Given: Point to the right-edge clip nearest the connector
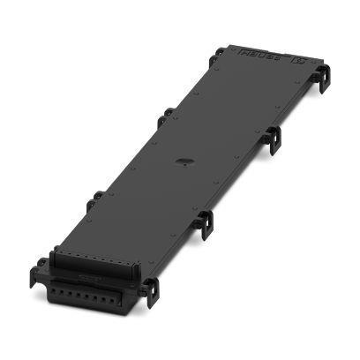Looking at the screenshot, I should coord(151,290).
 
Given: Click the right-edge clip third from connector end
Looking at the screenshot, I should coord(274,137).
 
